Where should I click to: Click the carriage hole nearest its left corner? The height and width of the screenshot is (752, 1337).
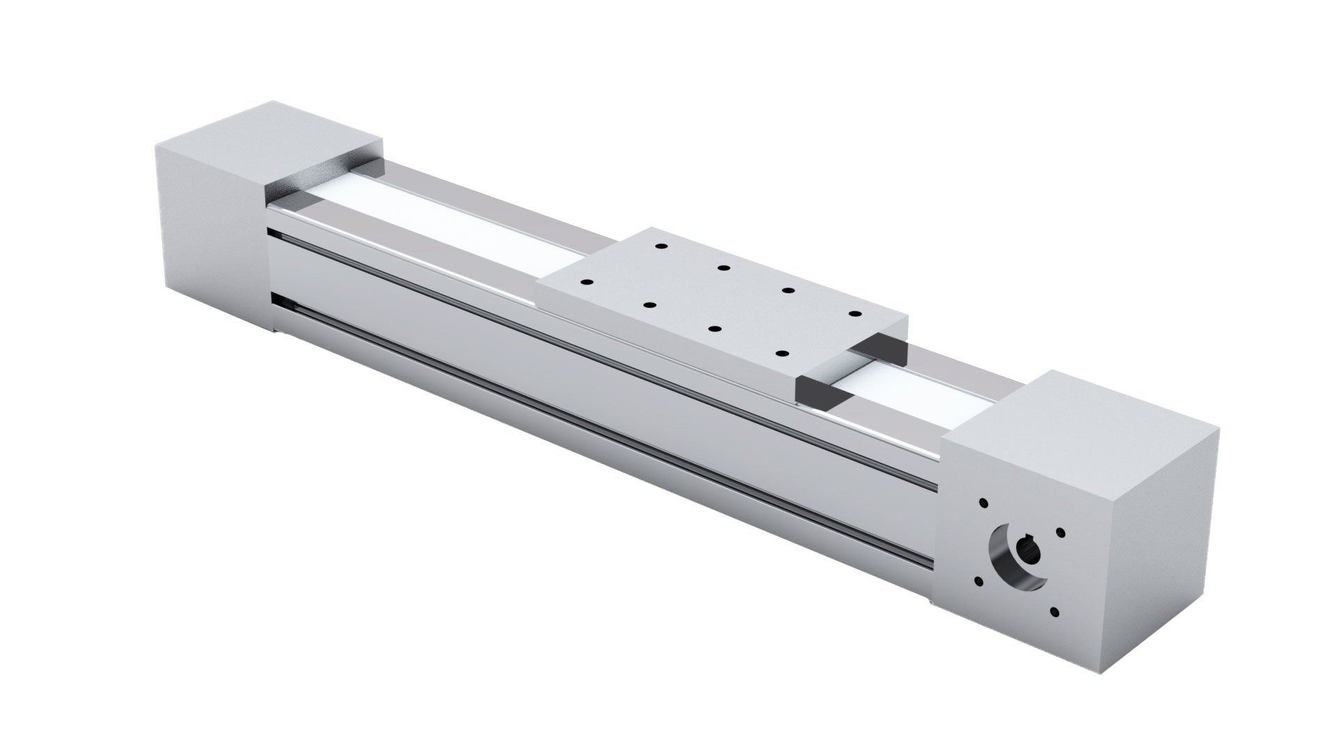(x=586, y=283)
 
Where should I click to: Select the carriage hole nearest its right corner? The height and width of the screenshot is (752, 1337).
(x=852, y=315)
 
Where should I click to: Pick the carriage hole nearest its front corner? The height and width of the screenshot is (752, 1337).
(x=780, y=354)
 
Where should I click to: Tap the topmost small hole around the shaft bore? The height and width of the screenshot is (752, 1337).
(x=983, y=502)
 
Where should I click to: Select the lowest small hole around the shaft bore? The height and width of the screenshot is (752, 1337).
(x=1054, y=613)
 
